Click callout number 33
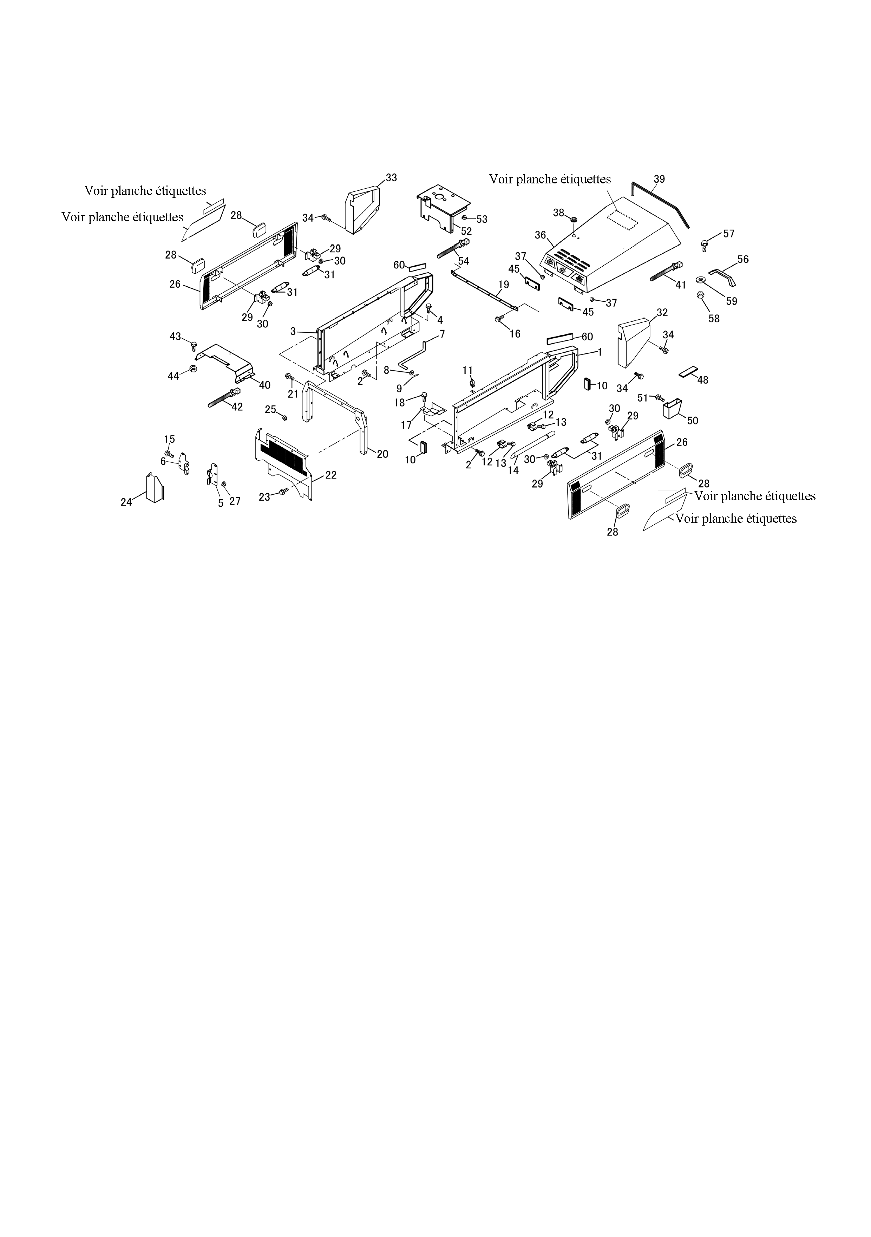click(x=392, y=178)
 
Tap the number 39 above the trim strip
click(x=659, y=179)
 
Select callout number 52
click(x=466, y=231)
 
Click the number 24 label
click(x=126, y=502)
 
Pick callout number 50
click(x=693, y=420)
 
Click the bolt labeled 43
click(x=194, y=345)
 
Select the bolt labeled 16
click(x=498, y=319)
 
